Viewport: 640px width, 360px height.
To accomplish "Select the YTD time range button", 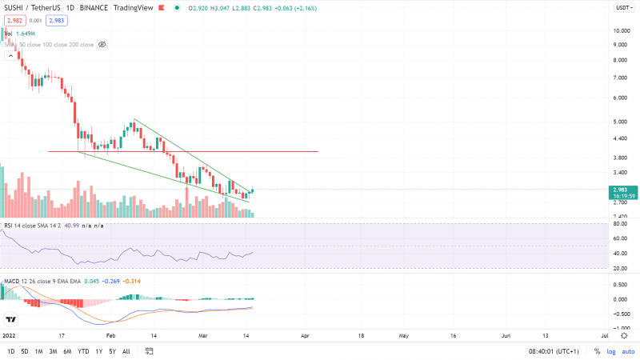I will pyautogui.click(x=83, y=351).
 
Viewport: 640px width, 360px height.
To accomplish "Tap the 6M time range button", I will pyautogui.click(x=67, y=351).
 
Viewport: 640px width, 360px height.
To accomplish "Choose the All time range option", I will pyautogui.click(x=126, y=351).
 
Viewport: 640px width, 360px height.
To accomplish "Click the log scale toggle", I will pyautogui.click(x=611, y=351).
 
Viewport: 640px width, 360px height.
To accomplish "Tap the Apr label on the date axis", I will pyautogui.click(x=306, y=337).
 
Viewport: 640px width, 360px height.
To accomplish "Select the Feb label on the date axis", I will pyautogui.click(x=110, y=337).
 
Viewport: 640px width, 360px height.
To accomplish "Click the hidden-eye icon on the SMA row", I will pyautogui.click(x=102, y=45).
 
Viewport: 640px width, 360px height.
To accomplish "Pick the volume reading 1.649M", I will pyautogui.click(x=26, y=34).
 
